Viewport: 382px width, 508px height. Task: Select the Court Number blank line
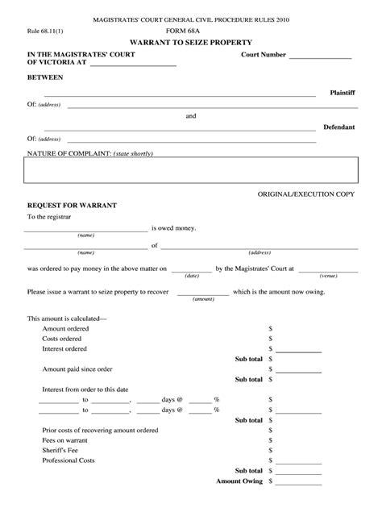click(320, 58)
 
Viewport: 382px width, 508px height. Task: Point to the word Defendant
click(338, 127)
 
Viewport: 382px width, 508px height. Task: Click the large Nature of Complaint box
click(190, 171)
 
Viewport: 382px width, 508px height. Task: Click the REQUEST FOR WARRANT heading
click(72, 206)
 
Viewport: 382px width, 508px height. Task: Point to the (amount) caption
click(203, 298)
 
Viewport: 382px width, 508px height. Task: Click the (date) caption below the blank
click(192, 275)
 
